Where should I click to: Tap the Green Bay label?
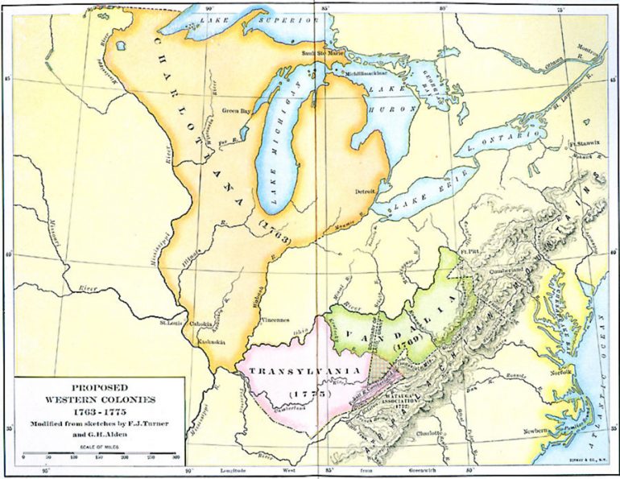236,111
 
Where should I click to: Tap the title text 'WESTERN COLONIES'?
100,399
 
